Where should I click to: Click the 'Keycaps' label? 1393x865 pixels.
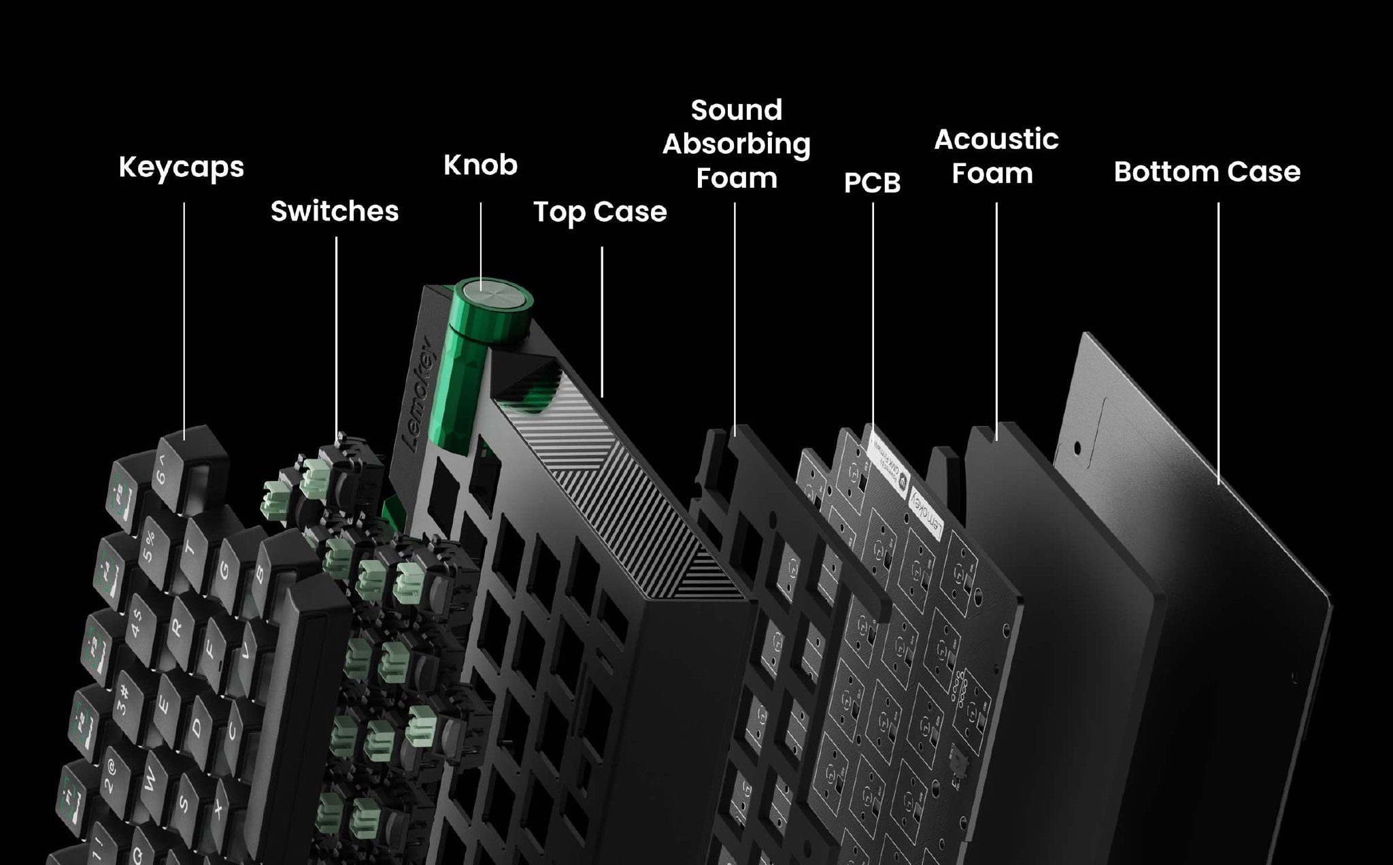181,167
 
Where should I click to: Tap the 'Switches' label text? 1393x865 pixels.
335,211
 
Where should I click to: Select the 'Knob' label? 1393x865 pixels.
480,165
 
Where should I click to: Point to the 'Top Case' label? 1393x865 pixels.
600,212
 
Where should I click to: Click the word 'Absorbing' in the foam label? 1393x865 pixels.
736,144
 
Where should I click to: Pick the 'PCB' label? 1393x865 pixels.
872,182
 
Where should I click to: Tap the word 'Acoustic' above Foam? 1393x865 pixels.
996,140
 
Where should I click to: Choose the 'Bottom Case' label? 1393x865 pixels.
1207,172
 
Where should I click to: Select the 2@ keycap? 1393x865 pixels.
109,779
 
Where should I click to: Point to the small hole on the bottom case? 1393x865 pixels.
1077,449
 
